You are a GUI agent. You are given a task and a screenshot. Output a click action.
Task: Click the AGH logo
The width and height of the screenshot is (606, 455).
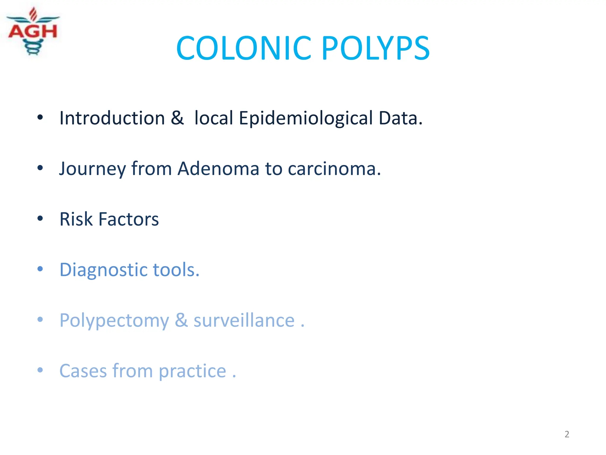(33, 31)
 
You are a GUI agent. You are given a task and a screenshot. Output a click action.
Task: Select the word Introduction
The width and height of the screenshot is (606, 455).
(112, 118)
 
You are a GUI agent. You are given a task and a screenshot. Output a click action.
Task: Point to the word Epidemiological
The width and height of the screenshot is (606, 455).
(306, 118)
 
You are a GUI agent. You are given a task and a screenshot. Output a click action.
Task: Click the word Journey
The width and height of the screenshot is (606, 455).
(92, 169)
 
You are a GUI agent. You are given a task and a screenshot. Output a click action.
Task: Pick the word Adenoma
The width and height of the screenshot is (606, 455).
(218, 169)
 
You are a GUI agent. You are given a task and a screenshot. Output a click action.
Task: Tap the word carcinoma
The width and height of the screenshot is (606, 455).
(334, 169)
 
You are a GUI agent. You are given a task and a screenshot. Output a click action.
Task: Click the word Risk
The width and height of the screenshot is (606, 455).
(76, 219)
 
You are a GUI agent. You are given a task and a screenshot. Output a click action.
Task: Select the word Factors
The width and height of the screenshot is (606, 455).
(128, 219)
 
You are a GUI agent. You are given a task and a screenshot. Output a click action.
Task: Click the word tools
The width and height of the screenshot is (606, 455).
(176, 270)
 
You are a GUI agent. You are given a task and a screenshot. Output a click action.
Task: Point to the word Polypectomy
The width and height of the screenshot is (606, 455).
(114, 321)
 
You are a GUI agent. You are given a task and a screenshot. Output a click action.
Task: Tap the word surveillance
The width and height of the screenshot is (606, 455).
(244, 321)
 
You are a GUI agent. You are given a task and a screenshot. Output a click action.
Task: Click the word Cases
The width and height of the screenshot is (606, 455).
(83, 371)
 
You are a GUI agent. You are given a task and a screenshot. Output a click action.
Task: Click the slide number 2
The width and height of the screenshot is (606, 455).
(567, 434)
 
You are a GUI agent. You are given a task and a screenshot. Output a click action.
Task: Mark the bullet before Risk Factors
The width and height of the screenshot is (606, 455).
(40, 219)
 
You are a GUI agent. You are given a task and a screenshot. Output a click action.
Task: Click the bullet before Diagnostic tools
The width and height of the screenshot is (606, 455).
(40, 269)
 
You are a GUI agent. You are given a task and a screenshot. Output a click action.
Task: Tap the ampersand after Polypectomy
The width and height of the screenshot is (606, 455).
(181, 321)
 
